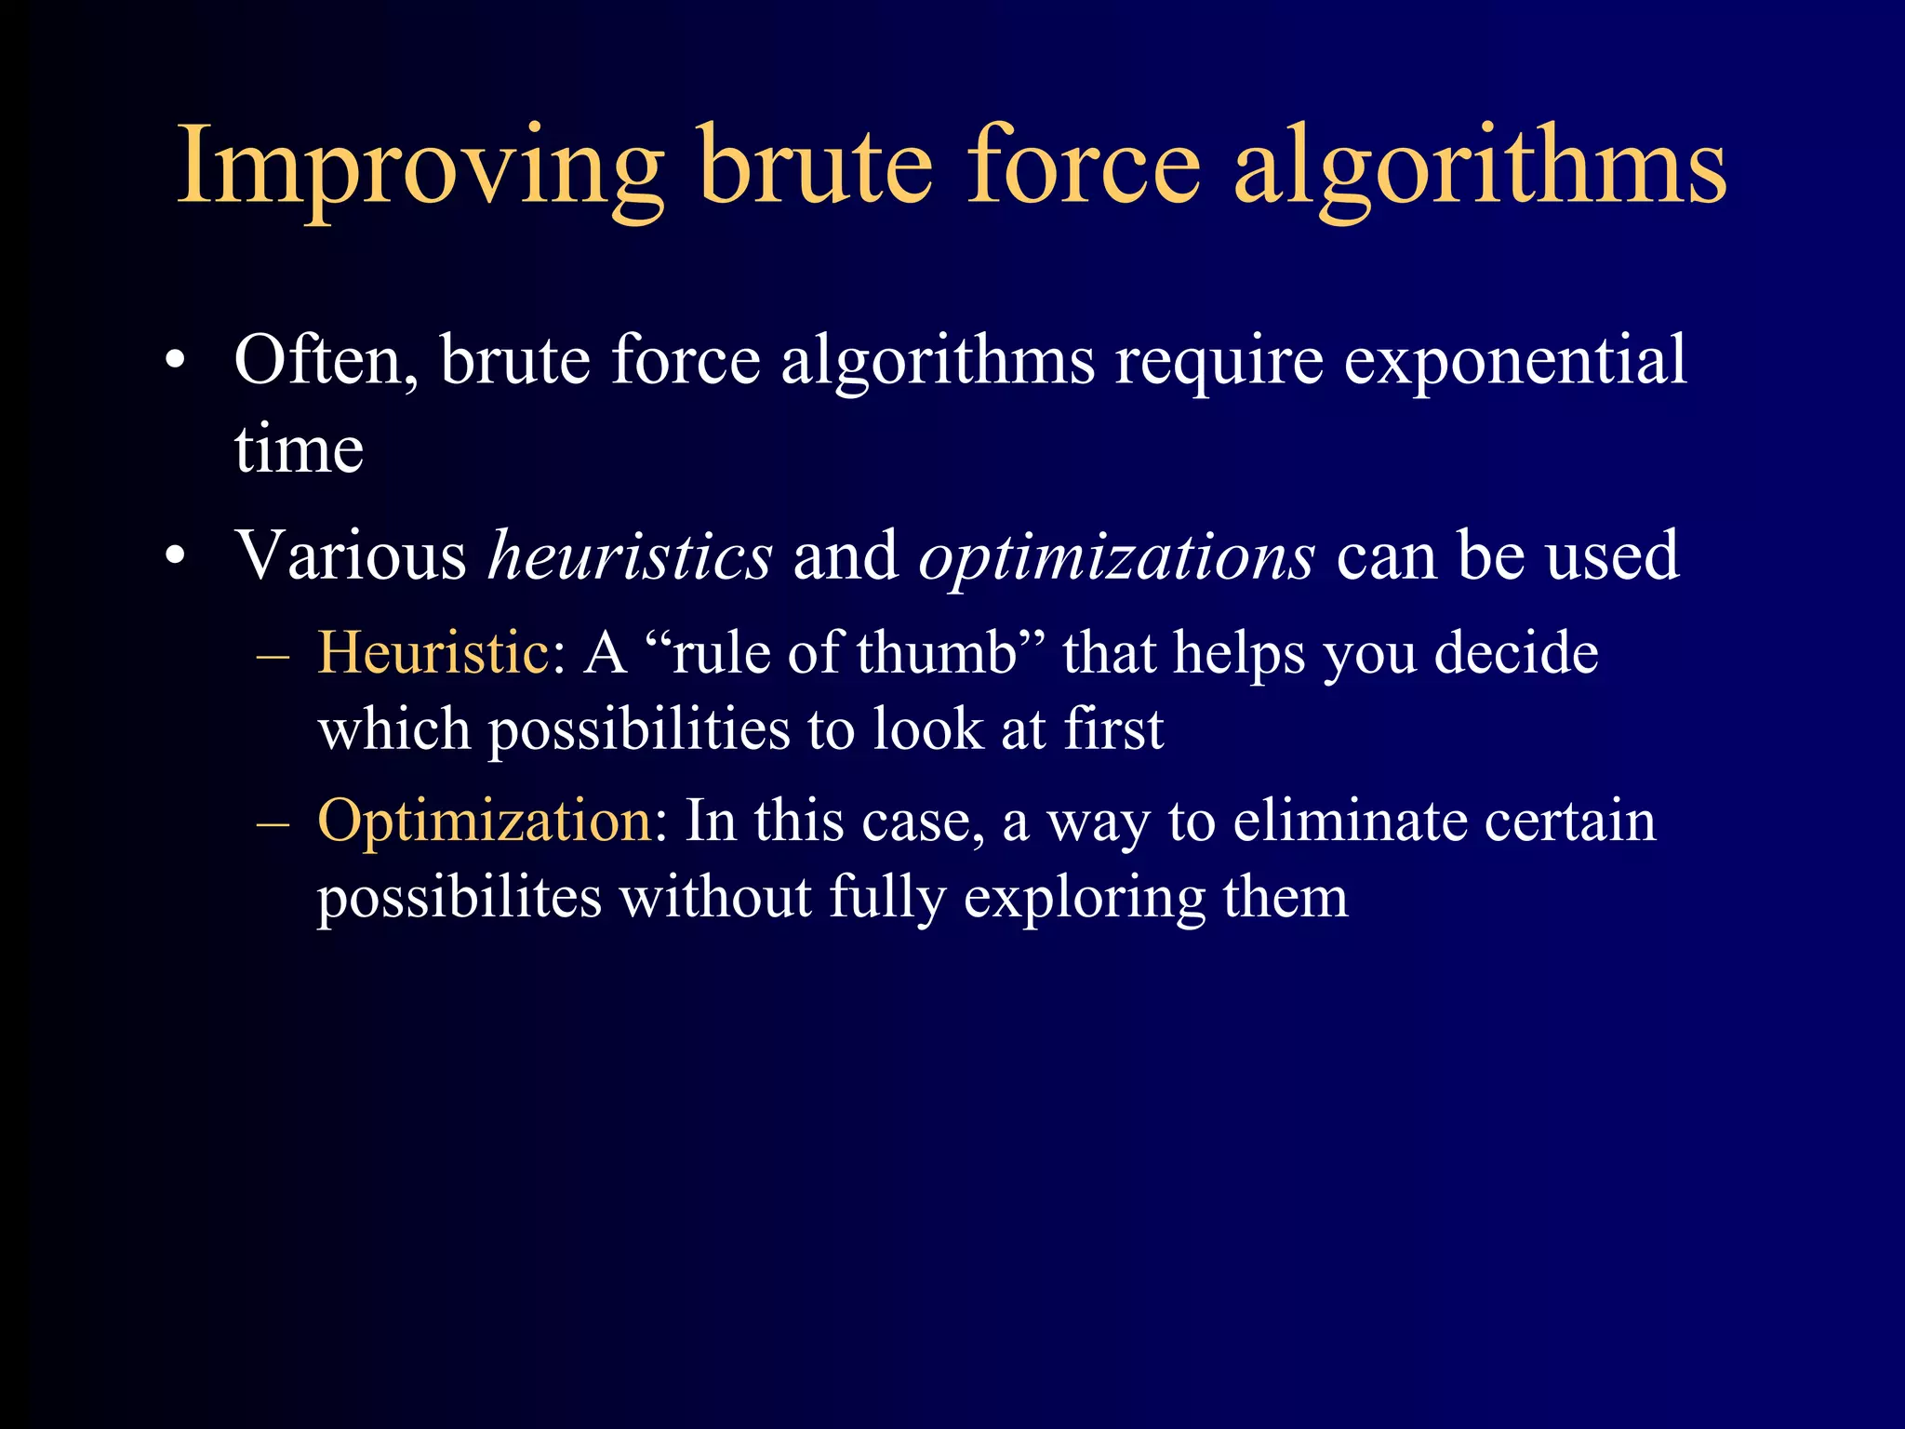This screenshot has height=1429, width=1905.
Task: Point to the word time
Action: (299, 450)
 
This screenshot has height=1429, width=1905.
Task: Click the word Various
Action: (351, 556)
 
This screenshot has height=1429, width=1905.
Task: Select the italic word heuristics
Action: (630, 556)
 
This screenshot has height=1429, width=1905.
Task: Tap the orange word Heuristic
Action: (433, 653)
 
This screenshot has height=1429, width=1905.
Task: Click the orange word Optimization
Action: (485, 821)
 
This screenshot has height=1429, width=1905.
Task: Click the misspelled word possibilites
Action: (460, 899)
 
